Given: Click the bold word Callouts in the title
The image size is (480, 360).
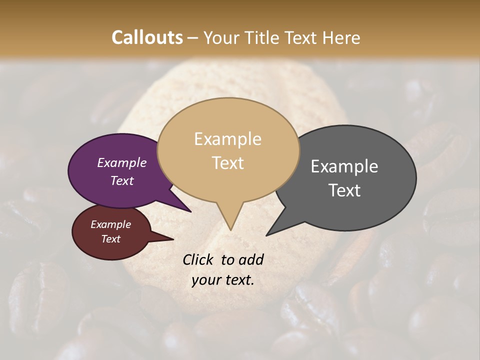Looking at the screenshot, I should [x=147, y=37].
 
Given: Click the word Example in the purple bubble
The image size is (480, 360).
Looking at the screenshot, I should [x=122, y=162].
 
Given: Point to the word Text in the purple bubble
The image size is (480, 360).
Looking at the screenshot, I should [x=122, y=180].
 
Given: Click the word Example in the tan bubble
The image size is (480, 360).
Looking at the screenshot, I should [x=227, y=139].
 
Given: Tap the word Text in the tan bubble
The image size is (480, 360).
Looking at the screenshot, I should [x=227, y=163].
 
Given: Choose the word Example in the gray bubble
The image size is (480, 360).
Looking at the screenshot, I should [x=344, y=166].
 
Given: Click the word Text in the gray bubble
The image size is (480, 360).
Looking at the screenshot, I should [x=344, y=190].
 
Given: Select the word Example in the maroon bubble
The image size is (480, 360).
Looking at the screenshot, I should [x=111, y=224].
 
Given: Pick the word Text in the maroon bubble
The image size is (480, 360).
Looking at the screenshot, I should [x=111, y=239].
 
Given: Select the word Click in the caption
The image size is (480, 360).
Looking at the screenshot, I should [x=198, y=259].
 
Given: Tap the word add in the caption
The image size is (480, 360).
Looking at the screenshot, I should [x=251, y=259].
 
